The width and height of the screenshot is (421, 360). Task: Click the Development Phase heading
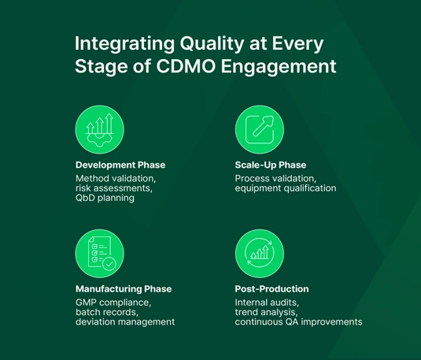(120, 165)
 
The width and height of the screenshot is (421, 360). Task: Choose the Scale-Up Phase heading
(271, 165)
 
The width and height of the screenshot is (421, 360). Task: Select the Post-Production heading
(271, 289)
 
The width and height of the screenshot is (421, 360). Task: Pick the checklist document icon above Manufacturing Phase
(99, 253)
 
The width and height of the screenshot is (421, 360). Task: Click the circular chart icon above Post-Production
(259, 253)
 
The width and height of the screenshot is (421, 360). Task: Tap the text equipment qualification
(286, 188)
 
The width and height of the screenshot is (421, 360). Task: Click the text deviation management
(125, 322)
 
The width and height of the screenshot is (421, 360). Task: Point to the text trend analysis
(268, 312)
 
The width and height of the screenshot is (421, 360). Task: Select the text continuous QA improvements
(298, 322)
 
